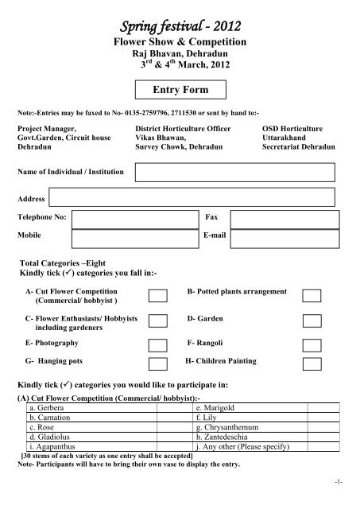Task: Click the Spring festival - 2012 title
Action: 180,16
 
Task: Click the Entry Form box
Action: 180,88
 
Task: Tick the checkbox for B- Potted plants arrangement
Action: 312,296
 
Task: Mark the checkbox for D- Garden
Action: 312,321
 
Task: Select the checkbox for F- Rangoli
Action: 312,344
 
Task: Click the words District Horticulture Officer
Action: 183,127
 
